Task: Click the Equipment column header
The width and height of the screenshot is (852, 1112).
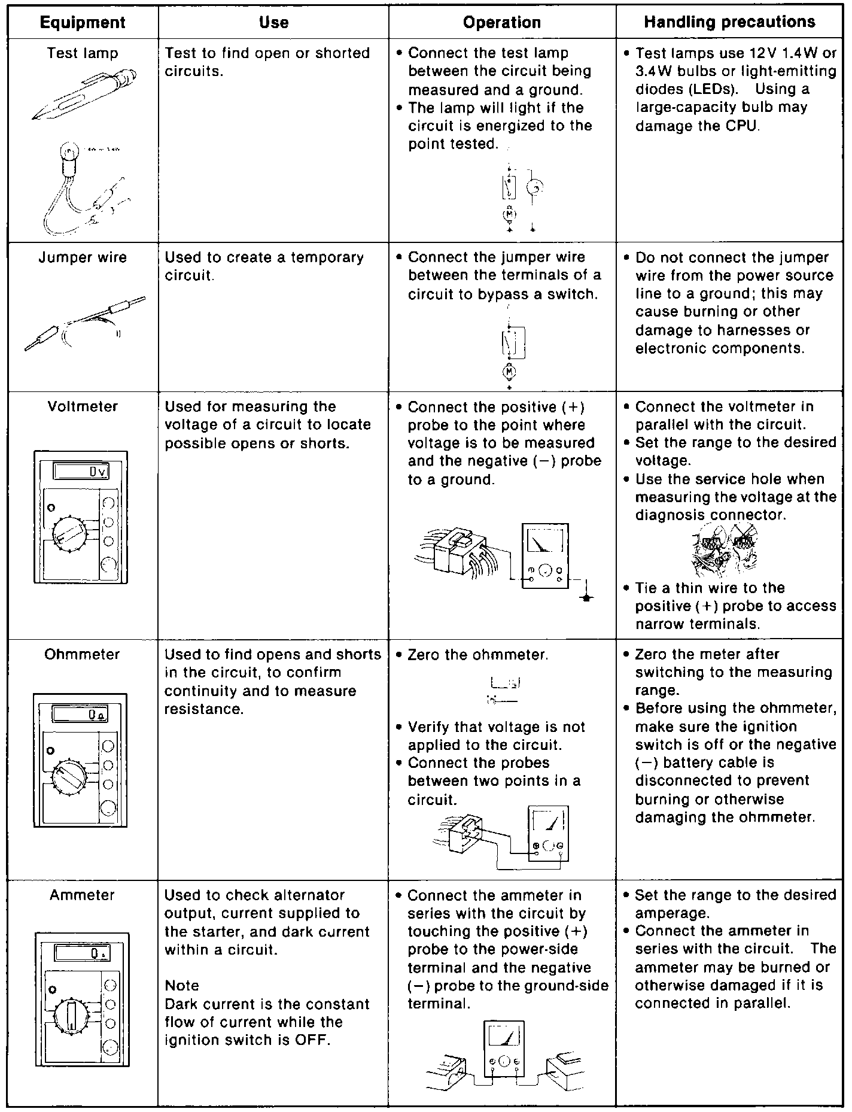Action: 83,23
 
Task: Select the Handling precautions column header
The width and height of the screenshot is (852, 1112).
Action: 729,22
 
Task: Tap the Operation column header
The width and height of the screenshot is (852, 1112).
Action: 502,23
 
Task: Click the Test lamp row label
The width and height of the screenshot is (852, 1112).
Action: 83,53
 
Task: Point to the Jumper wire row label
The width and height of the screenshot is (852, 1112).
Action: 83,258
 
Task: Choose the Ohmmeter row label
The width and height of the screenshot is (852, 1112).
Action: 83,655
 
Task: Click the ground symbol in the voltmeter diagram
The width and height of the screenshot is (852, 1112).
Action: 588,597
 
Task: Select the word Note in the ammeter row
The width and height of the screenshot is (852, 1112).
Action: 182,986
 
